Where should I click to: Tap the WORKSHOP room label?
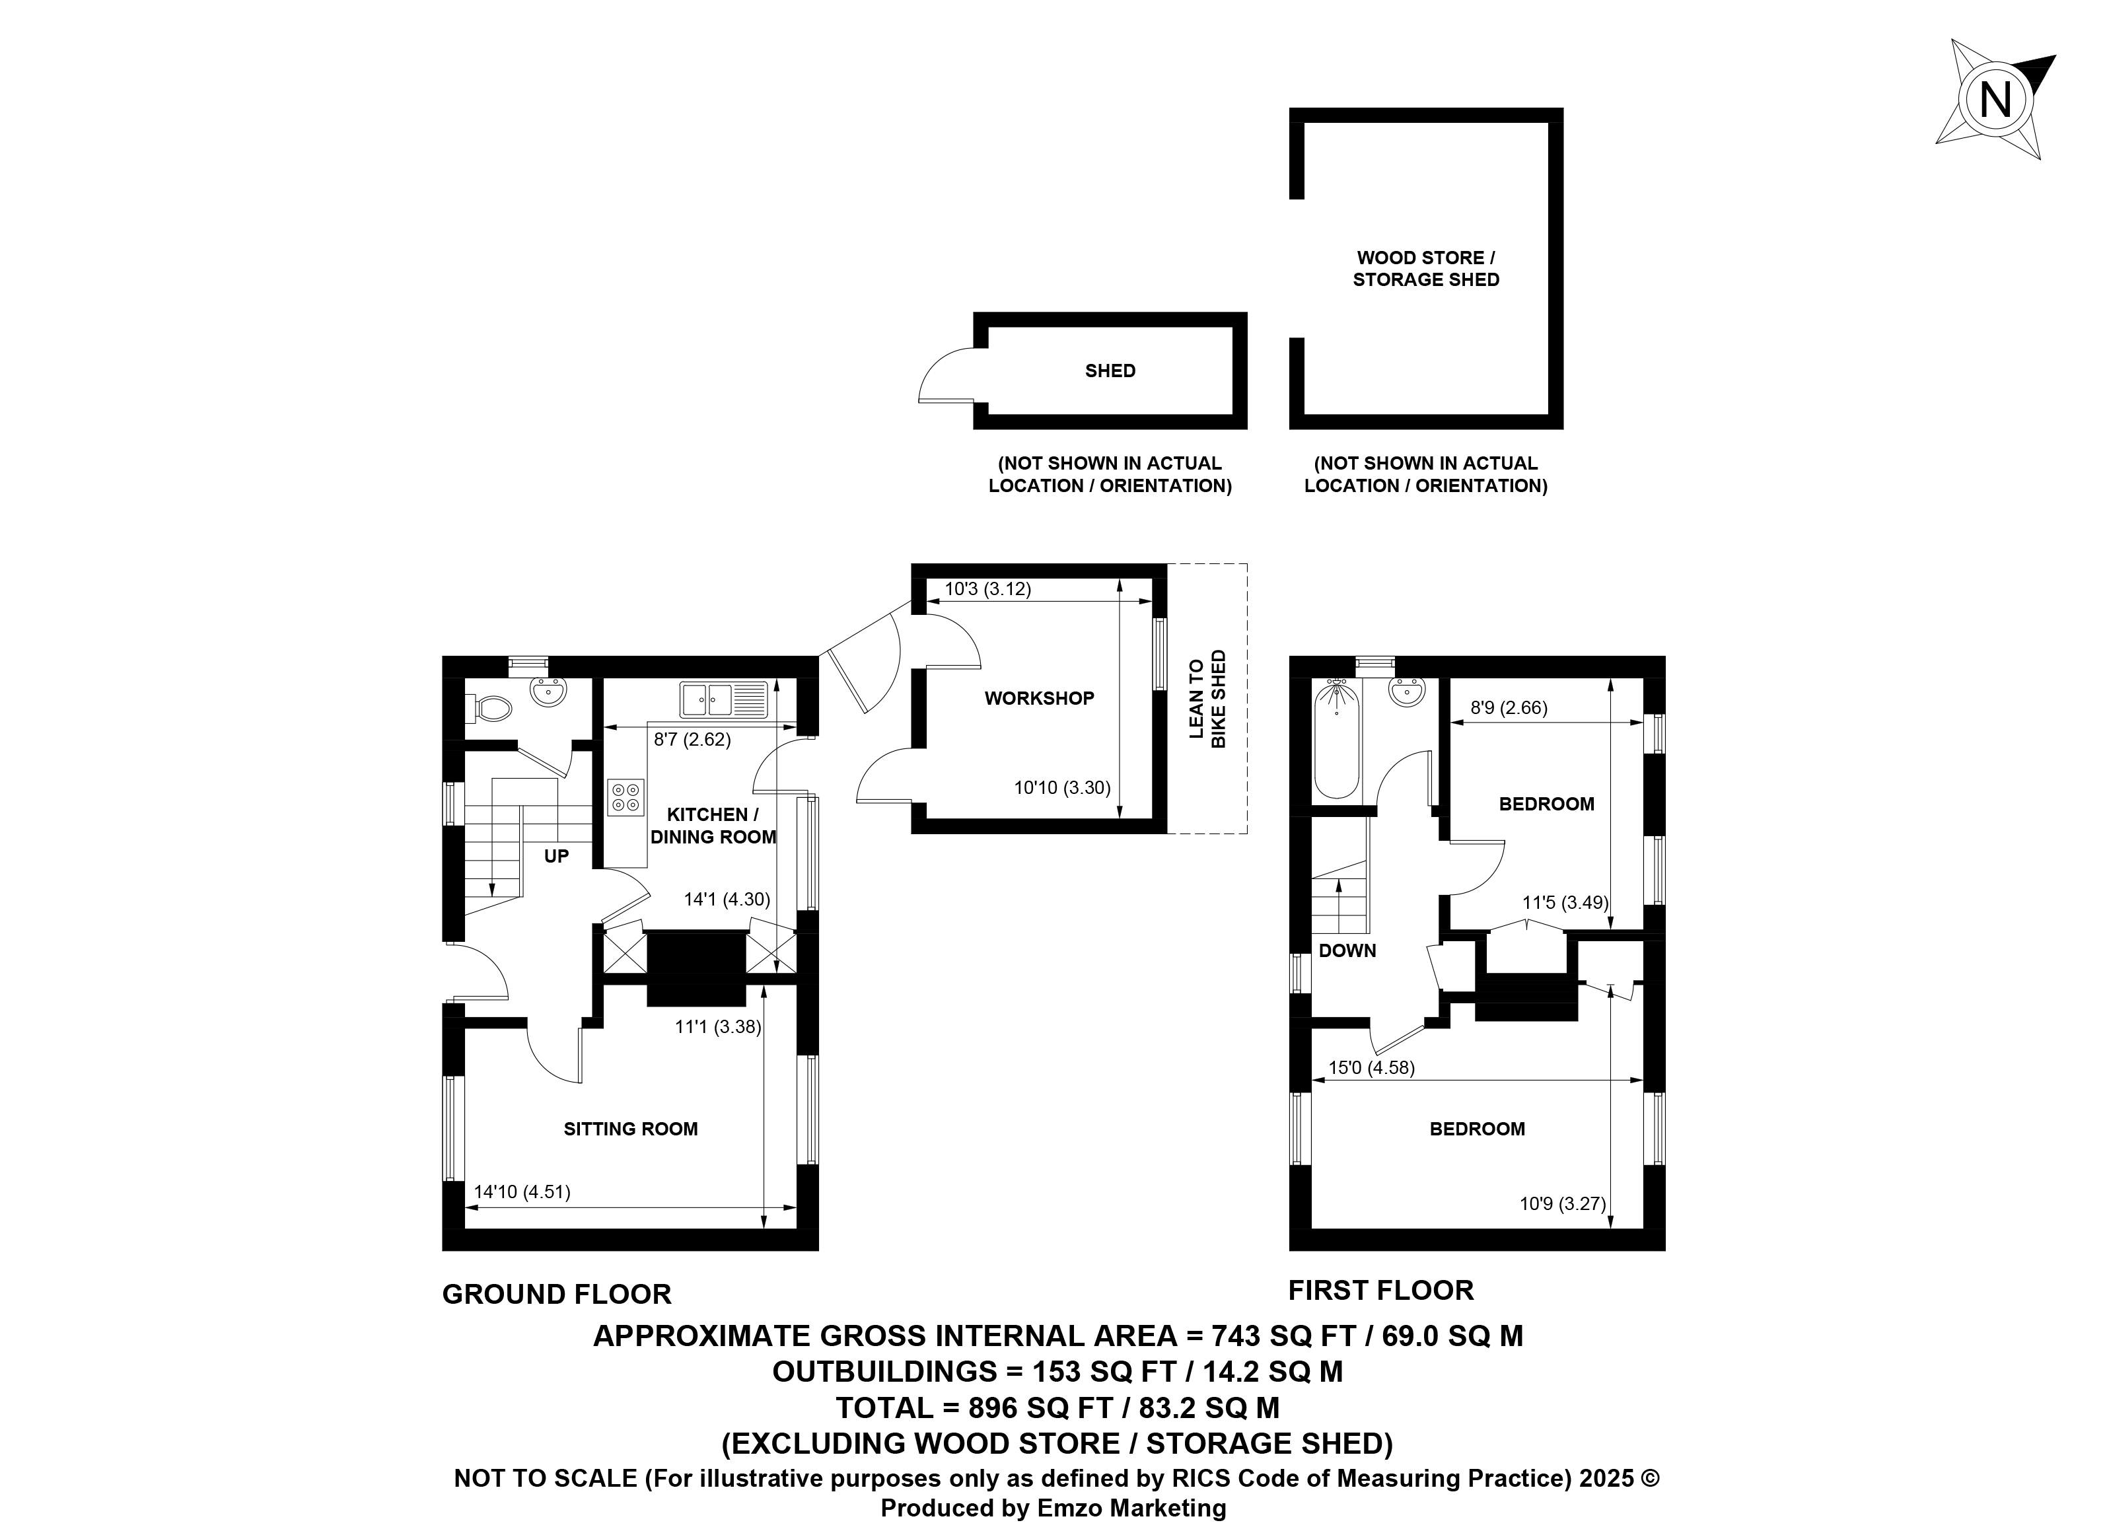pos(1040,697)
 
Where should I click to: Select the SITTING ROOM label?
pos(631,1129)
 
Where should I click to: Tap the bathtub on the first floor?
pos(1337,738)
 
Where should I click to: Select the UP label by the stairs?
pos(557,855)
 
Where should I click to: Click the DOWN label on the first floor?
pos(1347,950)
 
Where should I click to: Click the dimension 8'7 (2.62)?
pos(692,740)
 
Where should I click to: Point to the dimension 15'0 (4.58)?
pos(1371,1067)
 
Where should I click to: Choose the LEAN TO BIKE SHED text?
pos(1207,699)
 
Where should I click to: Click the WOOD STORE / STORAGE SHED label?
pos(1426,268)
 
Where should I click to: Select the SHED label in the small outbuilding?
pos(1110,371)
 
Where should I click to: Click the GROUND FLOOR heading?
pos(557,1294)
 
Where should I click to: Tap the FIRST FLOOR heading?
pos(1380,1291)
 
